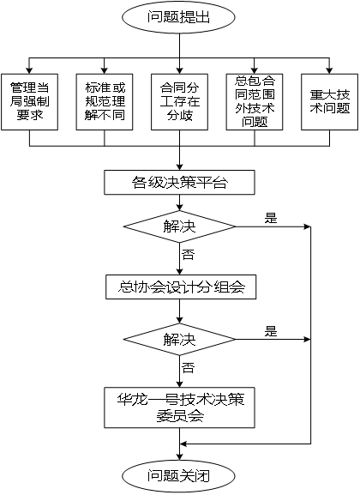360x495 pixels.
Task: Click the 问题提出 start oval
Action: [x=179, y=17]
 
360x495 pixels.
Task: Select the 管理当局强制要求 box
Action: [x=30, y=102]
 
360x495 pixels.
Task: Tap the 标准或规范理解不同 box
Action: [x=105, y=102]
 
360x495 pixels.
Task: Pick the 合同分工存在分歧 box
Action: [x=179, y=102]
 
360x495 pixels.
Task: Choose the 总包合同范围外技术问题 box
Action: [x=255, y=102]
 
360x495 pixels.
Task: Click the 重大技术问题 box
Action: [x=330, y=102]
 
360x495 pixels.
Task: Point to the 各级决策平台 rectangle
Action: [x=179, y=183]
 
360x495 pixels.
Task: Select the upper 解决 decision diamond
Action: [x=179, y=226]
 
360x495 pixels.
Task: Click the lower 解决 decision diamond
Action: [x=179, y=340]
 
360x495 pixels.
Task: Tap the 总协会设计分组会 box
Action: [x=181, y=287]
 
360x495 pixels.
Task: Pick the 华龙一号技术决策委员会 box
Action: [x=179, y=407]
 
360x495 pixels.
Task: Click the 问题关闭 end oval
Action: [x=179, y=476]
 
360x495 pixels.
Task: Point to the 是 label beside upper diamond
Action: [x=271, y=218]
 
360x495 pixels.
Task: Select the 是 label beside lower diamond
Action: [x=271, y=331]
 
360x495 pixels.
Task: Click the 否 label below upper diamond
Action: [x=188, y=255]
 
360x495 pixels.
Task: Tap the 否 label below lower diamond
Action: [x=188, y=368]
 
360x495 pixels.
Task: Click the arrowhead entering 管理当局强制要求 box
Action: [x=30, y=70]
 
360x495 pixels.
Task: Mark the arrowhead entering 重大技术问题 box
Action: [x=330, y=70]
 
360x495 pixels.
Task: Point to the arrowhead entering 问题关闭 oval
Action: [x=179, y=456]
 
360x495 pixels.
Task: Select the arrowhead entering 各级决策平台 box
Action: [x=179, y=167]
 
